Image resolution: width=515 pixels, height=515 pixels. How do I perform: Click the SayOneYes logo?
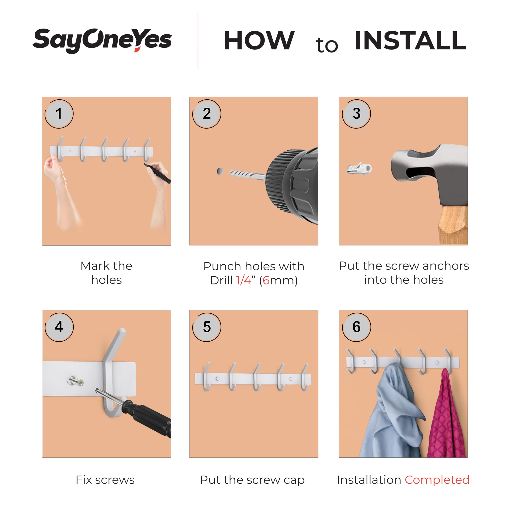[102, 40]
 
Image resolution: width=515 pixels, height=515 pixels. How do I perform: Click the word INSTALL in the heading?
[411, 40]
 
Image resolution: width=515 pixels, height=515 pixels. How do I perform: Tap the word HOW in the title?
[259, 40]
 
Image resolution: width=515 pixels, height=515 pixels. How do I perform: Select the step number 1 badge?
[59, 114]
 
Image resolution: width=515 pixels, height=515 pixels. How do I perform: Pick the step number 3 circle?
[356, 114]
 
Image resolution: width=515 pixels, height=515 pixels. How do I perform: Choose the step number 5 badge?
[207, 327]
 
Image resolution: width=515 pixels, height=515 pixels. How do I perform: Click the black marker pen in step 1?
[157, 173]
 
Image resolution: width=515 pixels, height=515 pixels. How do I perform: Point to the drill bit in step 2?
[247, 175]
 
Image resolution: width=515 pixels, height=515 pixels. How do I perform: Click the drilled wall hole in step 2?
[220, 171]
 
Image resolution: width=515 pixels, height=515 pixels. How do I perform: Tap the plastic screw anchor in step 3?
[359, 168]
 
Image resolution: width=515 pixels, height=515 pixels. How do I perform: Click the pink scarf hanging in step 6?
[446, 414]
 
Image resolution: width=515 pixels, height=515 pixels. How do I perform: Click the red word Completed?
[437, 480]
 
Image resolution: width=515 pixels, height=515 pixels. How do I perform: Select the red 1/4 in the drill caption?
[244, 280]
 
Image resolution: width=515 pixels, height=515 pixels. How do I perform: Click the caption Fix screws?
[105, 480]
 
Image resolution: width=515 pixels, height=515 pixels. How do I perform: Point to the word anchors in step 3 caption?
[446, 266]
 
